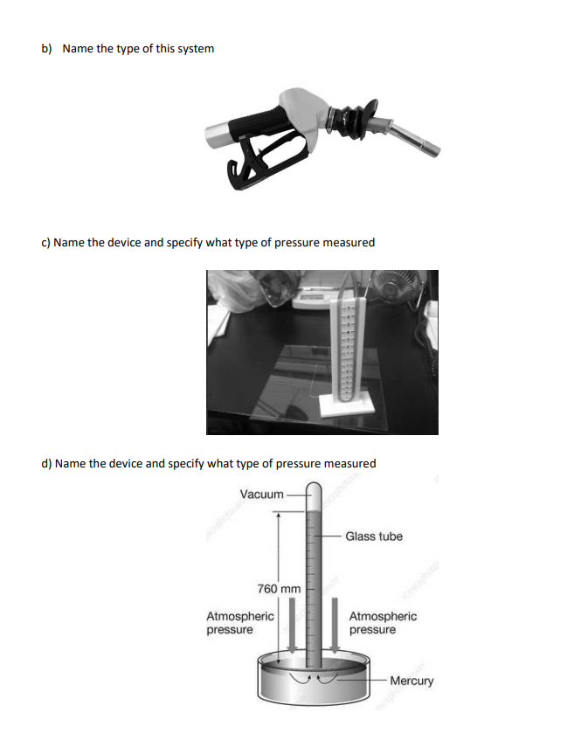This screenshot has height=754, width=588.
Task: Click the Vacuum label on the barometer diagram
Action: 261,495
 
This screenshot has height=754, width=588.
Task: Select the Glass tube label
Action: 373,536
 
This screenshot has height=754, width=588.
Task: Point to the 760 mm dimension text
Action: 279,589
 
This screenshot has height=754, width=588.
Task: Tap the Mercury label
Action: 411,681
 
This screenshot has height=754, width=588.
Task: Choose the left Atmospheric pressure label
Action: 239,623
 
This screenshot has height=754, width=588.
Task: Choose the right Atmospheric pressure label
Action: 383,623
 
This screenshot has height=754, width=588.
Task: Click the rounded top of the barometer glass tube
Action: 314,489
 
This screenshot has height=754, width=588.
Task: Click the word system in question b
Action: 193,48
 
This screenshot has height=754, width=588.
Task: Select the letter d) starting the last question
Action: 47,463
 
